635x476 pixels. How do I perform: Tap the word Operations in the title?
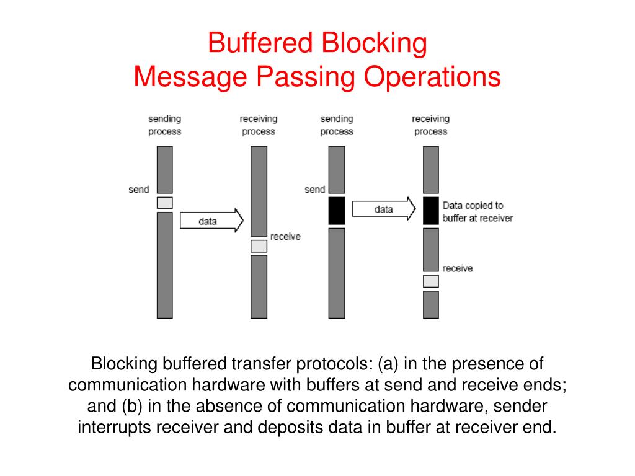(432, 77)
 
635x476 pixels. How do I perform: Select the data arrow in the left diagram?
(211, 221)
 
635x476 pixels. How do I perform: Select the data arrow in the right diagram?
(384, 209)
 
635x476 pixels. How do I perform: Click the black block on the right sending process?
(337, 211)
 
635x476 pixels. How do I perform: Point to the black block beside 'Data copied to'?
(431, 211)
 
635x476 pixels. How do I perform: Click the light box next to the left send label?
(165, 203)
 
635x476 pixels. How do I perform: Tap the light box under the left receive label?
(259, 246)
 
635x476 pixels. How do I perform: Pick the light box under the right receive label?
(431, 281)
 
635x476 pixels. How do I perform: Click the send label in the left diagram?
(138, 190)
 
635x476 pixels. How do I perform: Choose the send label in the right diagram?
(314, 190)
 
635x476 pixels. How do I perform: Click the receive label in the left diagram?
(285, 236)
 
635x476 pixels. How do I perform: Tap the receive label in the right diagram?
(458, 268)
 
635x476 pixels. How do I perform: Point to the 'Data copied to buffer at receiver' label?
(478, 212)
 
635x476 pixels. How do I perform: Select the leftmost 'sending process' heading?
(164, 125)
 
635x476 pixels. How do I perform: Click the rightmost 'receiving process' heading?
(430, 125)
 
